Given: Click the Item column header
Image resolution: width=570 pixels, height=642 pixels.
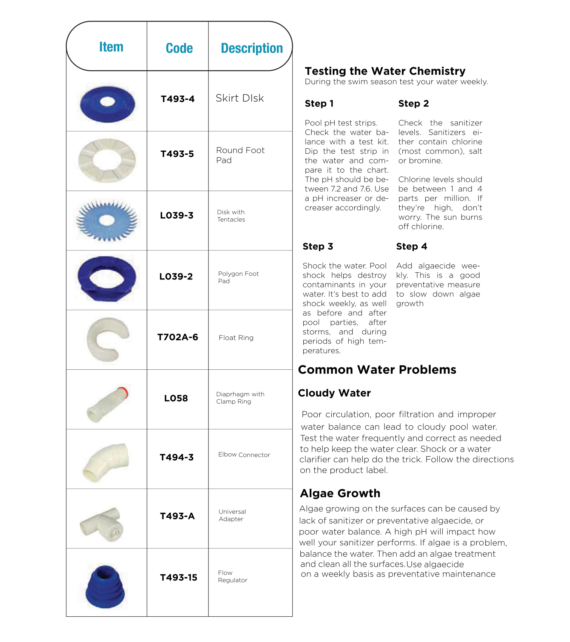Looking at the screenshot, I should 111,47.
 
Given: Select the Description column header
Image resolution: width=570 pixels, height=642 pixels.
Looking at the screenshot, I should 252,48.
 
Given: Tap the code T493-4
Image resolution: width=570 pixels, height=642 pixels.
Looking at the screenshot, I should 178,99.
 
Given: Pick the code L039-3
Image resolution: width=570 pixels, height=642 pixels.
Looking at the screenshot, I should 177,215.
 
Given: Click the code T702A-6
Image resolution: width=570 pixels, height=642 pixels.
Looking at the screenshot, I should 178,337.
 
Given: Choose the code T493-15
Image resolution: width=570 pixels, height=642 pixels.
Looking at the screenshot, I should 178,577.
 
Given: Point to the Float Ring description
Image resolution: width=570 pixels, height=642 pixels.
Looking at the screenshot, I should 236,338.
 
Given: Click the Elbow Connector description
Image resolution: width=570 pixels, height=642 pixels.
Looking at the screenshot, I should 244,455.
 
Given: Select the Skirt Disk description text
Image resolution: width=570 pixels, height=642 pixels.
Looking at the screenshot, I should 239,98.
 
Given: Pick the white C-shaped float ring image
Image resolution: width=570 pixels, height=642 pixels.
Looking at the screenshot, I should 106,339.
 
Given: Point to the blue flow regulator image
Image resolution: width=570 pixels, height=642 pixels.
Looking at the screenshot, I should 105,586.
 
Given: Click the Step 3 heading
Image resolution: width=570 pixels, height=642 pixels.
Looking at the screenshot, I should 318,247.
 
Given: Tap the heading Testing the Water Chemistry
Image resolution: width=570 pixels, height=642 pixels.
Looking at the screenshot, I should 385,71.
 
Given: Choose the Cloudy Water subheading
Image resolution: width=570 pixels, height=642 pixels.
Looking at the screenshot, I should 334,393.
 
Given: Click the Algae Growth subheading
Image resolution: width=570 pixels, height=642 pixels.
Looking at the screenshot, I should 340,493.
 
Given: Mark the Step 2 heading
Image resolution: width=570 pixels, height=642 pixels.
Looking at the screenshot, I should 413,104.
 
